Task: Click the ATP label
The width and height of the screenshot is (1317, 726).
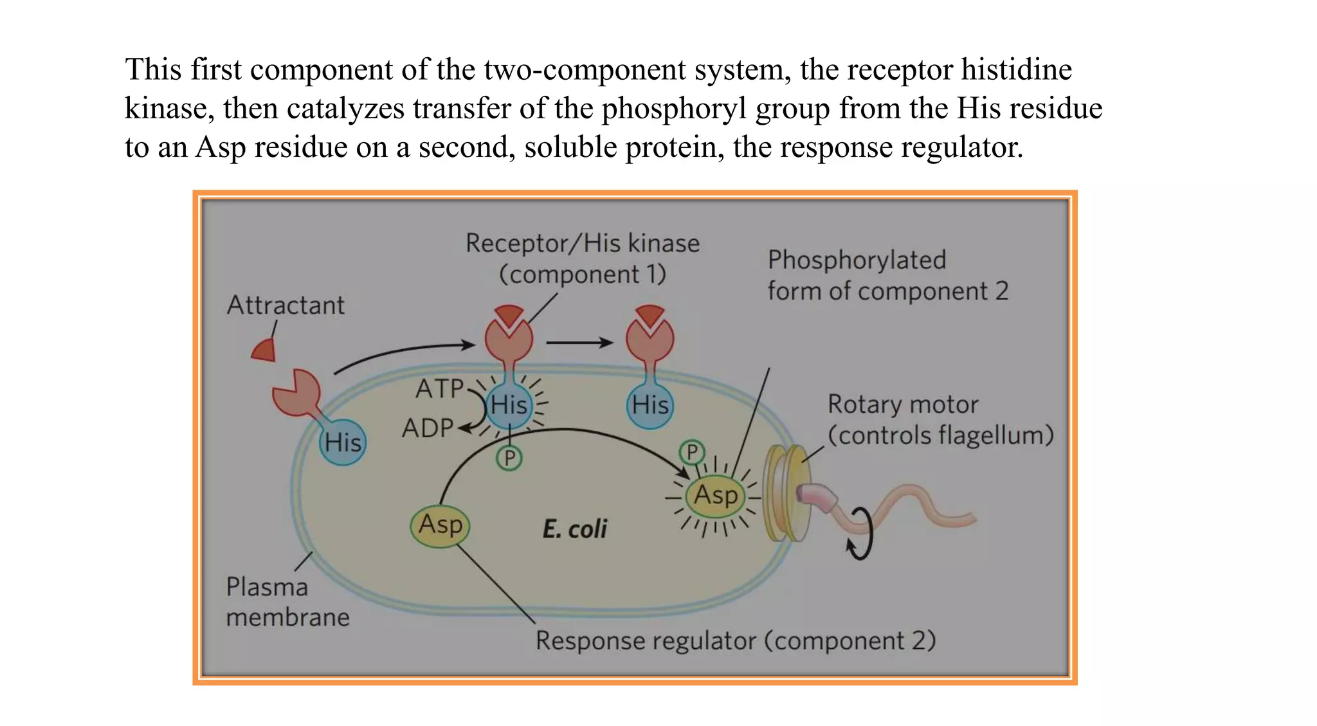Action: (439, 388)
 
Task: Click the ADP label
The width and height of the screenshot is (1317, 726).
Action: (428, 428)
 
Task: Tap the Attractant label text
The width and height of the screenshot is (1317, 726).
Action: (286, 305)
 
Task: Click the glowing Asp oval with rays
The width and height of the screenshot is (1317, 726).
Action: (715, 496)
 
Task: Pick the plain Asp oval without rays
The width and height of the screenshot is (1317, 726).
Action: (441, 525)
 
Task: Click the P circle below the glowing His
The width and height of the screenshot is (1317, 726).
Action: (509, 458)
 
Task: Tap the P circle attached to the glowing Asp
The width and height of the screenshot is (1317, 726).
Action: (692, 453)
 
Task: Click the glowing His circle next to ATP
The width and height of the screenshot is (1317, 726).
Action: (509, 406)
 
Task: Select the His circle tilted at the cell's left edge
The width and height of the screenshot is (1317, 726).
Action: (343, 442)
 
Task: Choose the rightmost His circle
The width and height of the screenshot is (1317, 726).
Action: (650, 406)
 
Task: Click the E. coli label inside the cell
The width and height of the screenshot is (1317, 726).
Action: (574, 529)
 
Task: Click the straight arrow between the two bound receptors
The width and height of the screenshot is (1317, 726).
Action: (579, 343)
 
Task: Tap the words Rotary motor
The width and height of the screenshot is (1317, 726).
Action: (902, 404)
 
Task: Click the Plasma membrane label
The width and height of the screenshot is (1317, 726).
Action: (287, 602)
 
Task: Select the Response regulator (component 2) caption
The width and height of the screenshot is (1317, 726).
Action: (735, 641)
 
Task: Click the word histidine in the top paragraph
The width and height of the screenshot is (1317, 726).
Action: (1016, 69)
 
